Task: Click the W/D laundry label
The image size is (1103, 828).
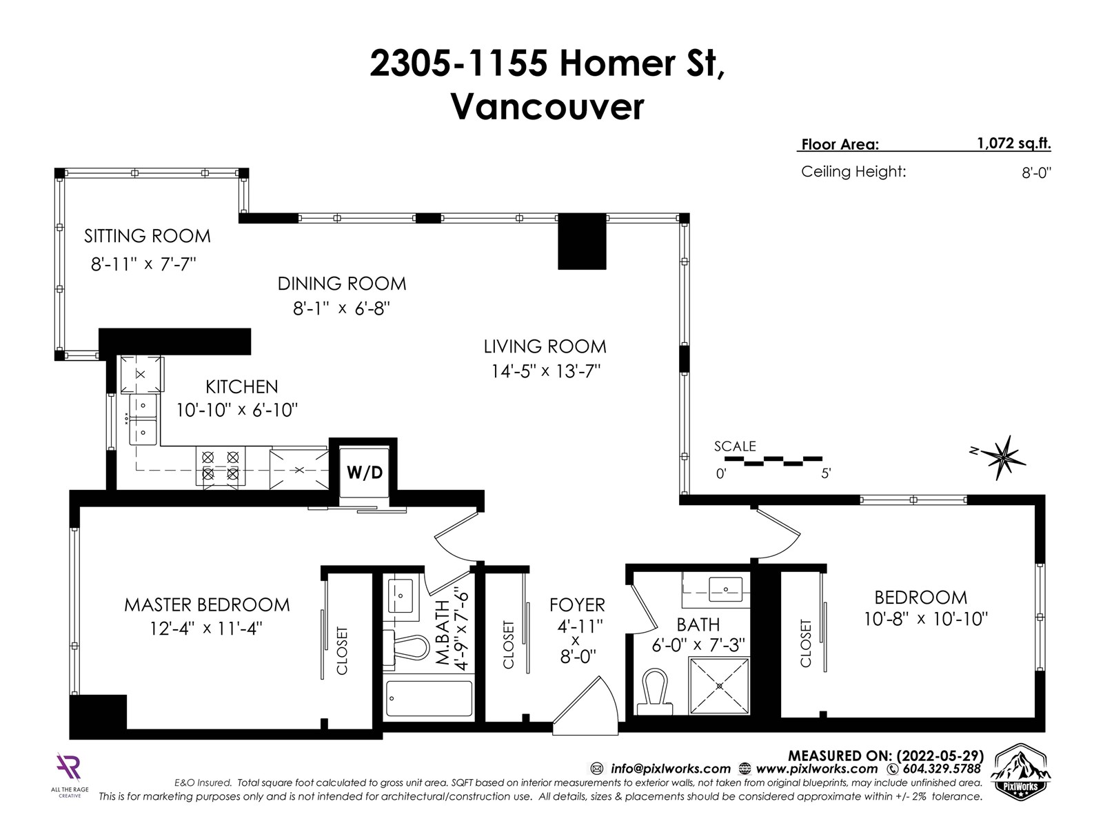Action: coord(365,472)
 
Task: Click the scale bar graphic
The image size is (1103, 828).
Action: coord(773,460)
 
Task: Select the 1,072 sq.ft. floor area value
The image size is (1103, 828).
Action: coord(1013,144)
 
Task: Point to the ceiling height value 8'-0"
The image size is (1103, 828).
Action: coord(1036,173)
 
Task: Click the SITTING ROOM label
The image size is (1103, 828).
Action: coord(148,236)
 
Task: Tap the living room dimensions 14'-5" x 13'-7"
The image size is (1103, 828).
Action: coord(546,371)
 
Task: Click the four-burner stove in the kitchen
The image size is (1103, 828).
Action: coord(220,466)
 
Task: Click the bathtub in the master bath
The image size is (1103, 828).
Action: coord(429,698)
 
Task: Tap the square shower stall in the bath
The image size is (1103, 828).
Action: coord(720,686)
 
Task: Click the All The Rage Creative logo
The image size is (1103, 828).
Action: coord(70,774)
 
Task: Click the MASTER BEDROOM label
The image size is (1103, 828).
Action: coord(207,604)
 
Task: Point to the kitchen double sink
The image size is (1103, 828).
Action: coord(143,420)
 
